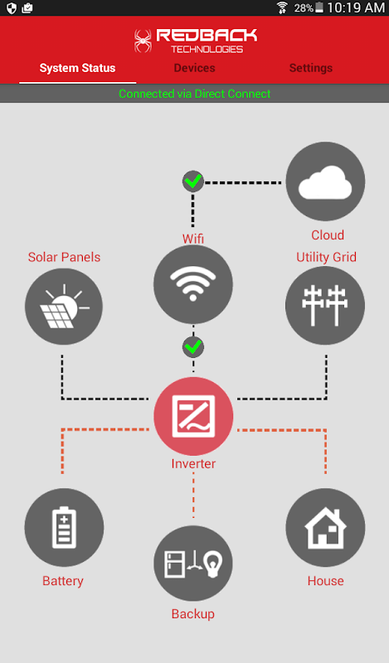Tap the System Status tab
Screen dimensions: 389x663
tap(77, 68)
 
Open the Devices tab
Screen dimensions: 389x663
tap(194, 68)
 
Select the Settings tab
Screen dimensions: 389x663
tap(311, 68)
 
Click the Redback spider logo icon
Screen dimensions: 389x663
tap(143, 41)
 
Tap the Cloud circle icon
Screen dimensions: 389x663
tap(325, 181)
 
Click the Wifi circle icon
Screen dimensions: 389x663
tap(193, 284)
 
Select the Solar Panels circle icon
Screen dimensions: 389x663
tap(64, 307)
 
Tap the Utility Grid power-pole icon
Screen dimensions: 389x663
tap(325, 305)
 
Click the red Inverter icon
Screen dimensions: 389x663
tap(193, 417)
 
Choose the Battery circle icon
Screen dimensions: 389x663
tap(64, 527)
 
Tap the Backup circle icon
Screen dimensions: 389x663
tap(193, 564)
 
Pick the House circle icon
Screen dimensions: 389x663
tap(325, 527)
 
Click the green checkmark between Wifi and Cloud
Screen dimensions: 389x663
tap(193, 181)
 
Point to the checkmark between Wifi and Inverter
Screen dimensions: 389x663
tap(193, 347)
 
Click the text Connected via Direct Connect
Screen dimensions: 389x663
tap(194, 94)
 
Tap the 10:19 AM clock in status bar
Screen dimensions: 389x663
tap(356, 7)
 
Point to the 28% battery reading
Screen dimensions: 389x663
tap(304, 8)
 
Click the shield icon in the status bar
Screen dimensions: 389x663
tap(12, 8)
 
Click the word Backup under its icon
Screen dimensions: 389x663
tap(193, 614)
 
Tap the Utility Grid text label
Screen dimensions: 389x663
tap(326, 257)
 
